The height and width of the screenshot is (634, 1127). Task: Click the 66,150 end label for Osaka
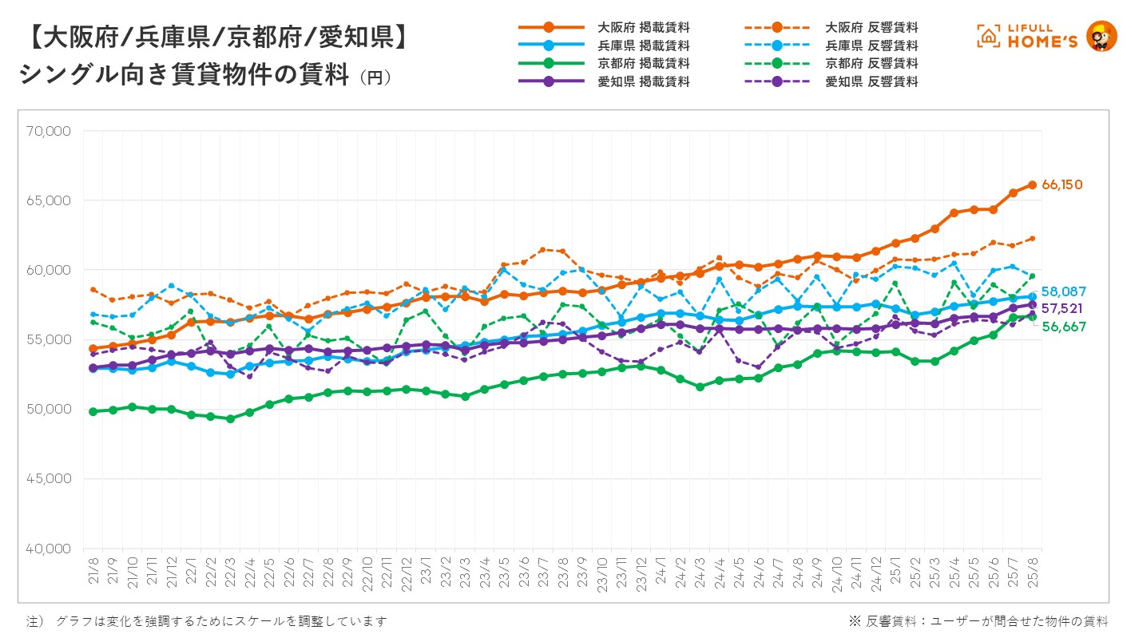(x=1062, y=185)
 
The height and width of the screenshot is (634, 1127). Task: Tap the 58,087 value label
(x=1063, y=292)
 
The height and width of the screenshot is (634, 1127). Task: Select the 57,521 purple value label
(x=1063, y=308)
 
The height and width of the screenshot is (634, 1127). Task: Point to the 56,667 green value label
(x=1063, y=327)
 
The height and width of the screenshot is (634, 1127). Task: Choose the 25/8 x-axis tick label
(x=1032, y=573)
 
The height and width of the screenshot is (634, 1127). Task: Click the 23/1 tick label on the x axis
(x=426, y=573)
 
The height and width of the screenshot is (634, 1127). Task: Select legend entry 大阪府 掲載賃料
(x=643, y=28)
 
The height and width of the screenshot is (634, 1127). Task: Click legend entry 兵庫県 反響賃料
(x=871, y=46)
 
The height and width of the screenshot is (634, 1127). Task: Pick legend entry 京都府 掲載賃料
(x=643, y=63)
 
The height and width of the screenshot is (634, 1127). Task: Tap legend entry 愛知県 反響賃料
(x=871, y=81)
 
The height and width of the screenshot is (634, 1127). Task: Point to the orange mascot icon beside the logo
(x=1101, y=36)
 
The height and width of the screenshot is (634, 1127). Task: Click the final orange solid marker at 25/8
(x=1032, y=184)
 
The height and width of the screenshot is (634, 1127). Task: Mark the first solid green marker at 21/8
(x=93, y=411)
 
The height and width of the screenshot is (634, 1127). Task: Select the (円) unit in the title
(x=375, y=78)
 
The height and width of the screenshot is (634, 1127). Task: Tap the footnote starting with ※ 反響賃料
(x=978, y=620)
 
